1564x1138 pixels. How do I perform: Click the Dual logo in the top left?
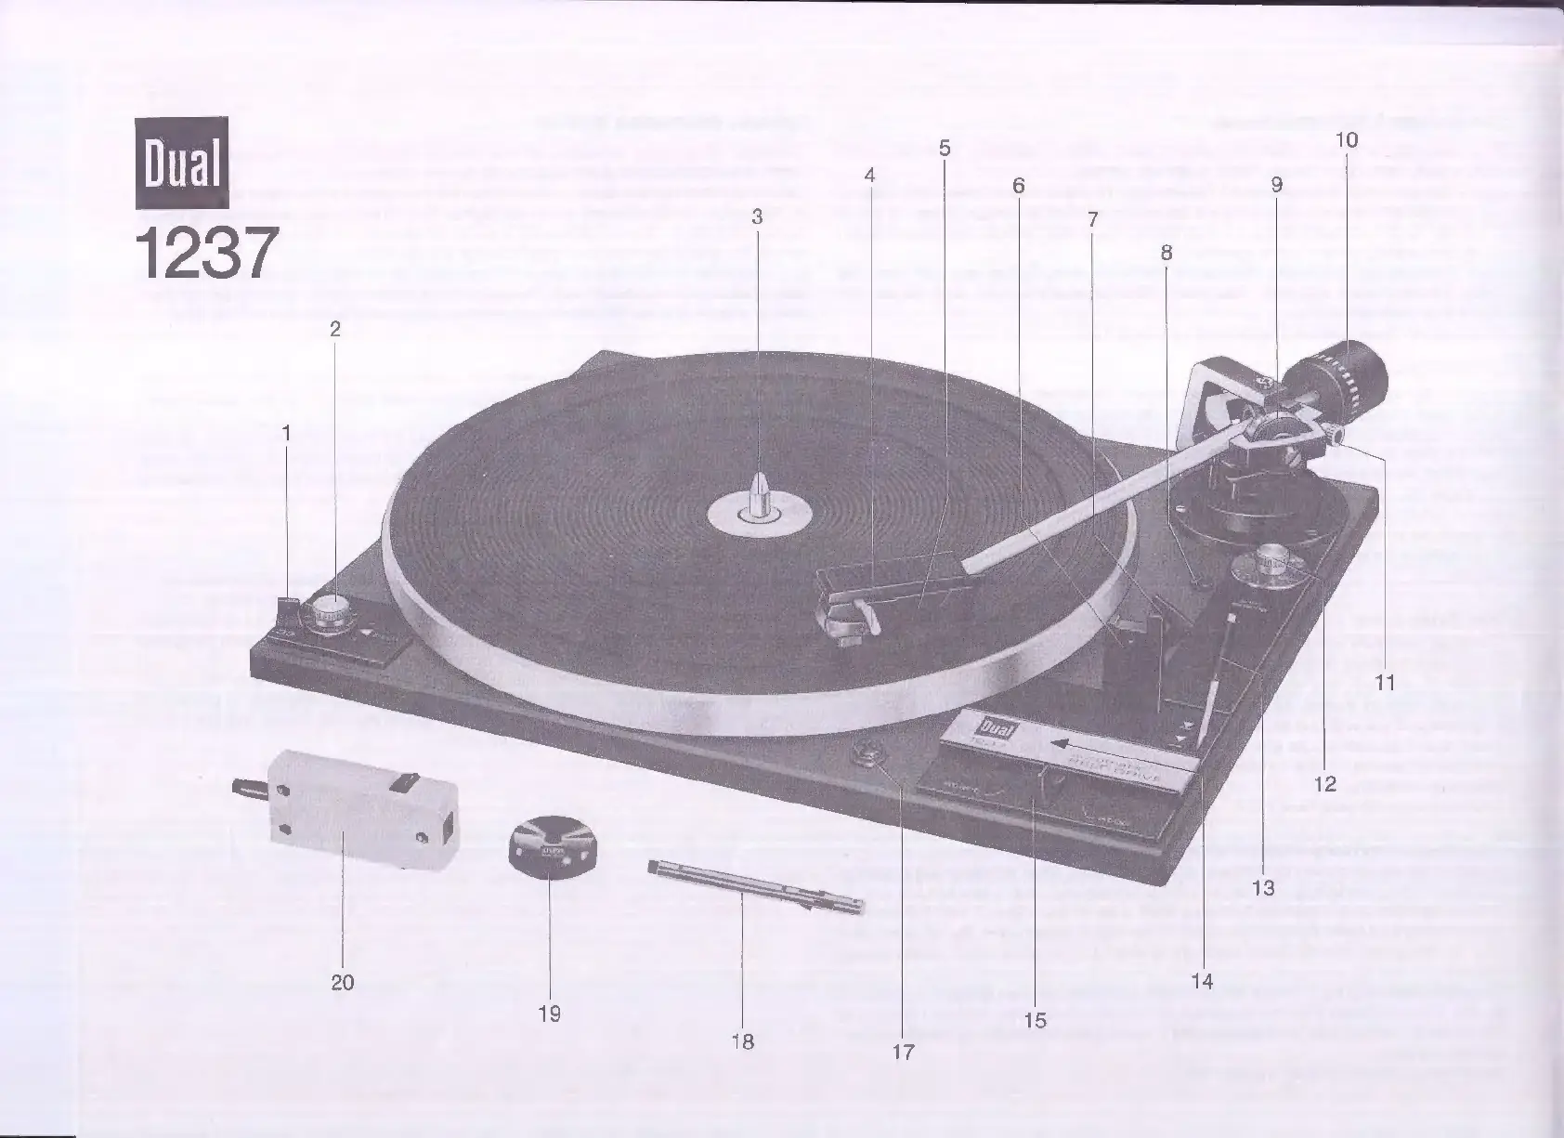[182, 164]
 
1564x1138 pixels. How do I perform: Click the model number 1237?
[206, 254]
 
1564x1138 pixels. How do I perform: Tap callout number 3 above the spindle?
[757, 216]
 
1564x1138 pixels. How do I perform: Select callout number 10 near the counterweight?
[1347, 140]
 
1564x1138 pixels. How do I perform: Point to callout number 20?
[343, 982]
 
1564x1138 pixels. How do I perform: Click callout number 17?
[903, 1052]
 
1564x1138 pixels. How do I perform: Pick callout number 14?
[1202, 981]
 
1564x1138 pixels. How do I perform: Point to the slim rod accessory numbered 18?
[754, 886]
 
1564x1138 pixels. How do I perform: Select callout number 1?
[287, 432]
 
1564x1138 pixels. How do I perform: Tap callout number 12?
[1325, 784]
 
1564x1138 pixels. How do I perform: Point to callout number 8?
[1166, 252]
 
